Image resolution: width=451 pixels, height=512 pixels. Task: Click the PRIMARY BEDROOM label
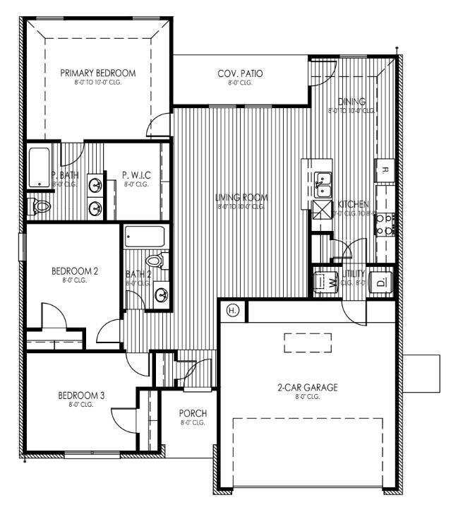click(97, 73)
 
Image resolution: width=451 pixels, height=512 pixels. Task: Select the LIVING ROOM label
click(239, 197)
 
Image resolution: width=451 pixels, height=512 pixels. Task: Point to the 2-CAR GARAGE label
click(307, 387)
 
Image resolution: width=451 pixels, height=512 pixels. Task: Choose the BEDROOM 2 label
click(74, 270)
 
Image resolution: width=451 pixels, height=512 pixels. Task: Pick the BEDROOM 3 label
click(81, 395)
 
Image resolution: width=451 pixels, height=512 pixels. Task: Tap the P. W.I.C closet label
click(136, 174)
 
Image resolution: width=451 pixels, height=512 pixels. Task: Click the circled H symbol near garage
click(232, 310)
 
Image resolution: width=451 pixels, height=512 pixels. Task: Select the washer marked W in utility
click(326, 281)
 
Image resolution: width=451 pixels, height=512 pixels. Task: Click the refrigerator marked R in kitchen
click(385, 169)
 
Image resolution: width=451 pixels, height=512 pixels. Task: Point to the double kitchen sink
click(323, 184)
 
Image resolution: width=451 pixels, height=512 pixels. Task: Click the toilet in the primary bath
click(40, 206)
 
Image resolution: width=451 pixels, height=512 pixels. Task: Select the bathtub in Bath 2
click(144, 237)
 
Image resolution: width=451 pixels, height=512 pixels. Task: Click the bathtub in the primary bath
click(39, 168)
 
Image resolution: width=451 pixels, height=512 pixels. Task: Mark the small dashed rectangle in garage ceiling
click(307, 343)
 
